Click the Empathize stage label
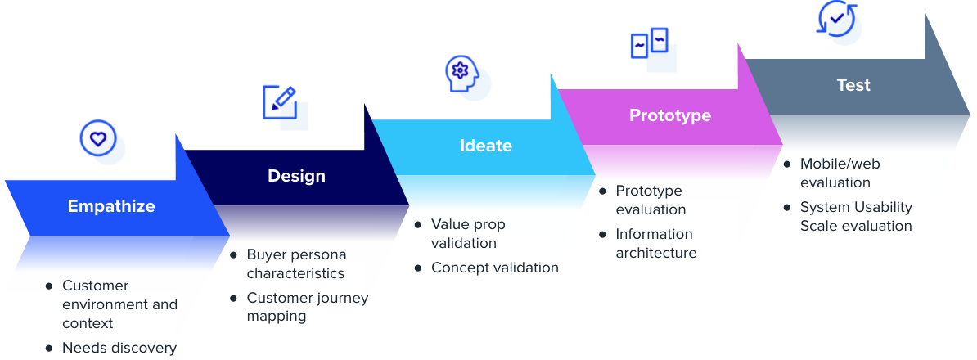[x=111, y=206]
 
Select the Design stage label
[x=296, y=176]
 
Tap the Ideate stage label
[x=485, y=146]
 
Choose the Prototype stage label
[x=669, y=115]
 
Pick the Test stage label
[x=853, y=85]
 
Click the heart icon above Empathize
[x=98, y=138]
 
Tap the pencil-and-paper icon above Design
[x=280, y=102]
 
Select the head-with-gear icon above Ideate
[x=461, y=73]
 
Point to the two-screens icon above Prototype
[x=650, y=43]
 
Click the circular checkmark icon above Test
[x=836, y=17]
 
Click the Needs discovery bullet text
[x=119, y=348]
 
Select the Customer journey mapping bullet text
[x=308, y=307]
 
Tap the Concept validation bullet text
[x=495, y=268]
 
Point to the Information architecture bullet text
[x=656, y=244]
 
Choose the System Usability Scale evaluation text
[x=856, y=217]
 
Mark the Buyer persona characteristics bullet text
[x=296, y=264]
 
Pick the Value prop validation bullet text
[x=468, y=233]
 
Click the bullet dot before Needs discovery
[x=49, y=348]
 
